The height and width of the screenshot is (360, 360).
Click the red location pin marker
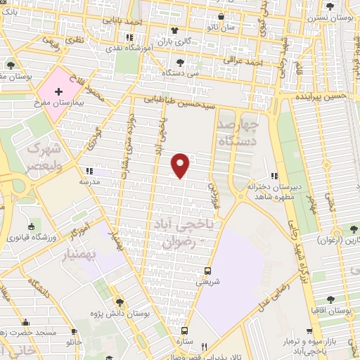[x=181, y=165]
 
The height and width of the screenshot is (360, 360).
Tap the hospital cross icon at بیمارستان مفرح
[x=58, y=91]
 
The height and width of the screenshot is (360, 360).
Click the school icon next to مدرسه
[x=88, y=172]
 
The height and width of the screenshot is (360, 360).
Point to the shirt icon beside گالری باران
[x=174, y=30]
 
